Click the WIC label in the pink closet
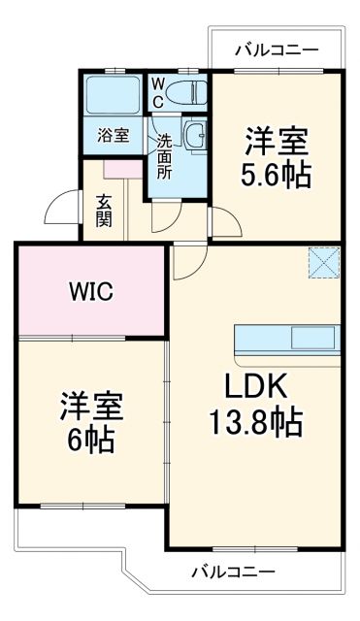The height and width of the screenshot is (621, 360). (x=91, y=290)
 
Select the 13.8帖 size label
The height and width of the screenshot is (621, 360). (x=257, y=422)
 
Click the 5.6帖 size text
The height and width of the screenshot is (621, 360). (x=277, y=176)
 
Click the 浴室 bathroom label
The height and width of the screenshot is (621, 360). (x=112, y=136)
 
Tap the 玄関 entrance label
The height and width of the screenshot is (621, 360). (x=104, y=210)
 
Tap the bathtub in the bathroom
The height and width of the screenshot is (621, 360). (x=114, y=95)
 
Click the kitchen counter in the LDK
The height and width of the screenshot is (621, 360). (x=287, y=340)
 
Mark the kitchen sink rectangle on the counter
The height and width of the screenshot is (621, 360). (x=312, y=339)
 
